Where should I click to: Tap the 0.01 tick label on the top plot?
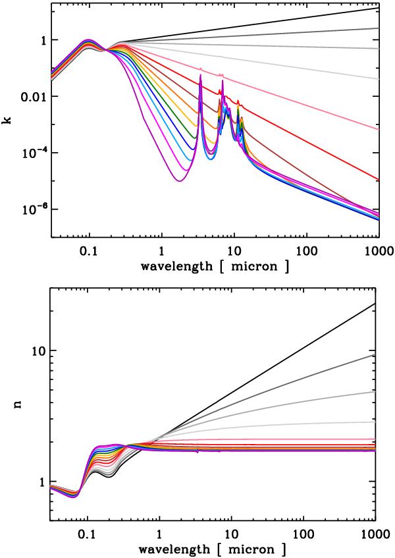click(x=32, y=97)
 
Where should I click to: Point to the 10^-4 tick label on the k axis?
click(x=33, y=152)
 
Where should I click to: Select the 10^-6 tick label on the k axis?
click(x=33, y=209)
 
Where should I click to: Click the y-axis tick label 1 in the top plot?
click(x=43, y=40)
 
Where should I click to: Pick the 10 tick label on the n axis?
click(x=39, y=350)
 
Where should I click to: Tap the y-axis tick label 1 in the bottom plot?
click(x=43, y=482)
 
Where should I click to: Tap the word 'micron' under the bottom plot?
click(x=260, y=547)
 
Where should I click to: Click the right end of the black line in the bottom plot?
click(x=375, y=304)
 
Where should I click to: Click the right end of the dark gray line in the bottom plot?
click(x=375, y=354)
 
